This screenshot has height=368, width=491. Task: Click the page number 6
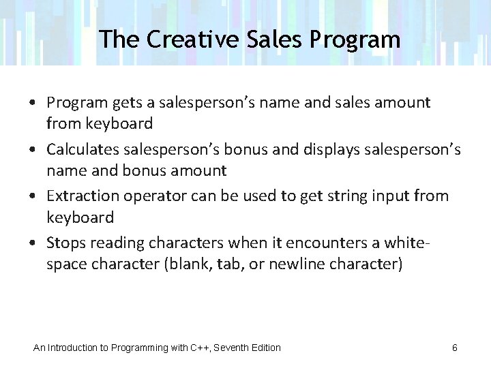(x=455, y=348)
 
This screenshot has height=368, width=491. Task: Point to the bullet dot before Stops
(x=33, y=243)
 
